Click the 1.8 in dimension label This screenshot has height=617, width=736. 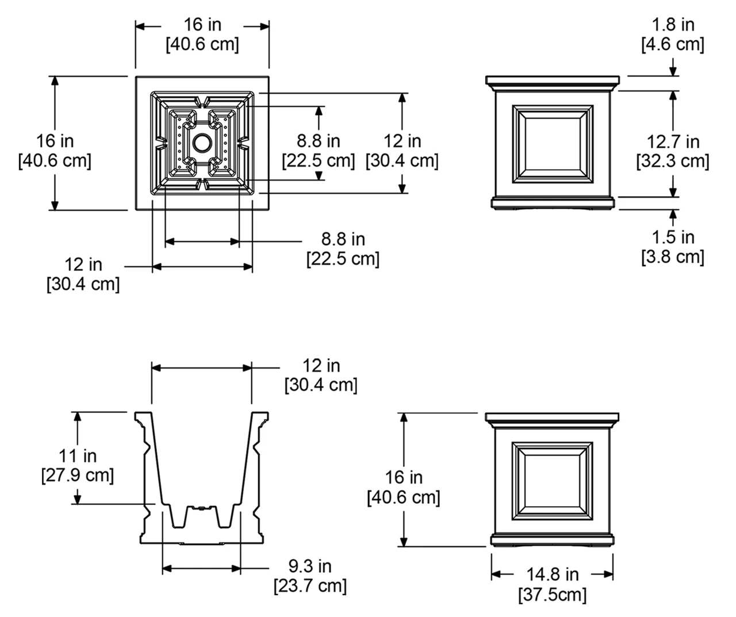pos(673,25)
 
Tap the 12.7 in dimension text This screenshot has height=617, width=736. pos(673,141)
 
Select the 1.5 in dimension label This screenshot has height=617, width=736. pos(673,237)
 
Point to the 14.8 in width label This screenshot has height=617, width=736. pos(553,574)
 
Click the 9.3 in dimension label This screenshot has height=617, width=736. pos(310,566)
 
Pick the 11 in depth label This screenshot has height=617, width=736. pos(78,456)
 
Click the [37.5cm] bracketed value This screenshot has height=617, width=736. pos(553,594)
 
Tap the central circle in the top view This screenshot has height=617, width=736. pos(202,143)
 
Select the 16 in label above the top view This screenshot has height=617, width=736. pos(202,25)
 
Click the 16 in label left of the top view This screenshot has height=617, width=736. pos(55,140)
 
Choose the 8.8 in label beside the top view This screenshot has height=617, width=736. pos(318,141)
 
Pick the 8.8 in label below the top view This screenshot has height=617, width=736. pos(343,239)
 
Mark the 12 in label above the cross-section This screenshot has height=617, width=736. pos(321,365)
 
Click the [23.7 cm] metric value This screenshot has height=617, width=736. pos(310,586)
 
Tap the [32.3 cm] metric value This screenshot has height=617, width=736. pos(673,161)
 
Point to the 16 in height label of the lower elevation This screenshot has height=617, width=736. pos(404,477)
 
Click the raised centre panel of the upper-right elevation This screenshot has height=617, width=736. pos(553,143)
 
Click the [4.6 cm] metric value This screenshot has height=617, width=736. pos(673,44)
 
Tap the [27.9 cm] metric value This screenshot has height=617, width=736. pos(78,476)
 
